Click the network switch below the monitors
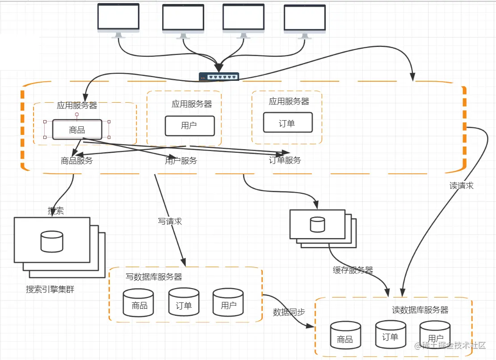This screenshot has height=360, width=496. (x=219, y=76)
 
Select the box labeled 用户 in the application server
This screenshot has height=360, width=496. (x=189, y=126)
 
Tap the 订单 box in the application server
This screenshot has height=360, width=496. (x=287, y=123)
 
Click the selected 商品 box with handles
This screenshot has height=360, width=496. (x=77, y=130)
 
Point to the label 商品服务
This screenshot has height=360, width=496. (x=77, y=161)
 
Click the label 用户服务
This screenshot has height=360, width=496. (x=181, y=161)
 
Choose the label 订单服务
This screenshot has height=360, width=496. (x=285, y=160)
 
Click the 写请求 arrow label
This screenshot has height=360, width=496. (x=170, y=221)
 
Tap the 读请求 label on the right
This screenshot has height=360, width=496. (x=462, y=186)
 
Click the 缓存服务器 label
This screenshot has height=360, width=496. (x=353, y=270)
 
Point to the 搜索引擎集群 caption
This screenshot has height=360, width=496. (x=50, y=289)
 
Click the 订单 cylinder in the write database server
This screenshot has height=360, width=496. (x=184, y=302)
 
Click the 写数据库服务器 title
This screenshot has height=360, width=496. (x=154, y=277)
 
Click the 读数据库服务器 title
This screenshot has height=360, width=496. (x=420, y=310)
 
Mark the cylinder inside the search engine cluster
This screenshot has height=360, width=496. (x=52, y=242)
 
